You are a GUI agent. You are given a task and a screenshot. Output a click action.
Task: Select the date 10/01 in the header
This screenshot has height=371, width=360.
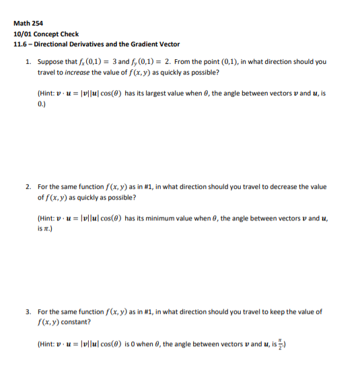[x=22, y=34]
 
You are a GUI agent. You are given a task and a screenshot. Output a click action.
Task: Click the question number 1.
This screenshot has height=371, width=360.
[x=28, y=61]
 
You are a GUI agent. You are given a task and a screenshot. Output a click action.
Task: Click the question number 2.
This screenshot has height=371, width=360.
[x=28, y=187]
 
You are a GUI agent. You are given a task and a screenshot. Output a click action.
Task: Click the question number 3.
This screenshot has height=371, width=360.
[x=28, y=312]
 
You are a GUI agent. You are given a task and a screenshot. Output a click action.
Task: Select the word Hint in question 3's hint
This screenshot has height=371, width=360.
[x=46, y=344]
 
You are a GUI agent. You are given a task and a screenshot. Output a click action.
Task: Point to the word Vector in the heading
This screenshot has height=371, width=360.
[x=169, y=44]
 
